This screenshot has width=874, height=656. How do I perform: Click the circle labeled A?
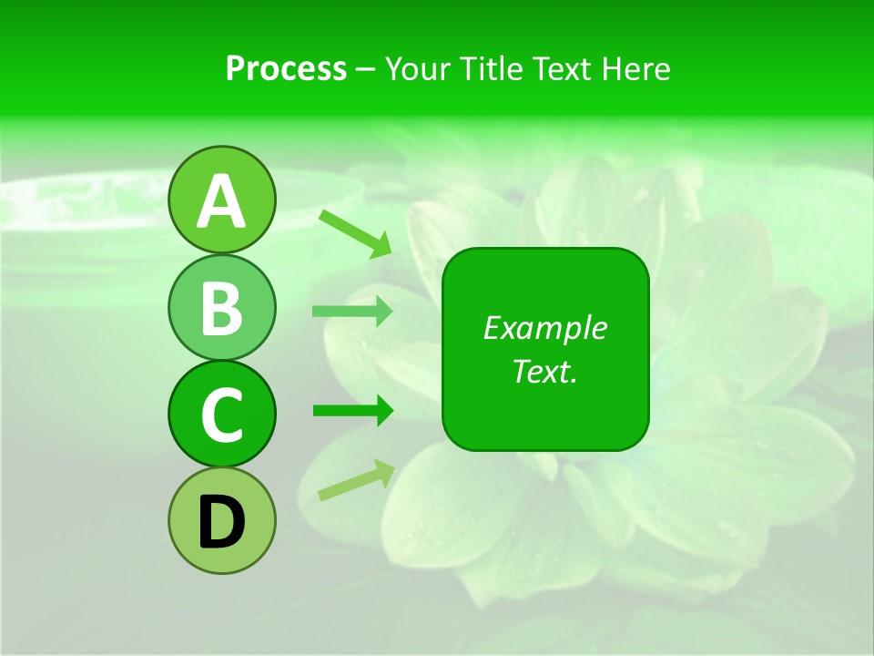click(222, 200)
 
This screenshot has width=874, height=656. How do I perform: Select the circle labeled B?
click(222, 307)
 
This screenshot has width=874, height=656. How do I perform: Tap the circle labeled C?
click(222, 414)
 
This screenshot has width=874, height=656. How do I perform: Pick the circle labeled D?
click(222, 520)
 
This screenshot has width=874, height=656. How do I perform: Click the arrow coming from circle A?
click(355, 233)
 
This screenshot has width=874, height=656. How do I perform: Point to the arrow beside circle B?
click(352, 312)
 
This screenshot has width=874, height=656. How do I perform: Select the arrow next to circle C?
click(352, 411)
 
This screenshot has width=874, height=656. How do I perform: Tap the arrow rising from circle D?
click(356, 479)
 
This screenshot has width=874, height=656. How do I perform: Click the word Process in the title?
click(286, 68)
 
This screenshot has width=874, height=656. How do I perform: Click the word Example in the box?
click(544, 328)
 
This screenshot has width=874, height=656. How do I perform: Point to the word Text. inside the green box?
click(544, 371)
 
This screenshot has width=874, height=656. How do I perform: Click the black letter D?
click(222, 522)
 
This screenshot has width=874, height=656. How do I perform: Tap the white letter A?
click(222, 201)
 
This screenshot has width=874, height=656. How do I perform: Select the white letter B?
click(222, 308)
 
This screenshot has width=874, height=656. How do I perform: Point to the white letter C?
click(222, 415)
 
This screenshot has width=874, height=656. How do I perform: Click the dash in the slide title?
click(366, 70)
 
